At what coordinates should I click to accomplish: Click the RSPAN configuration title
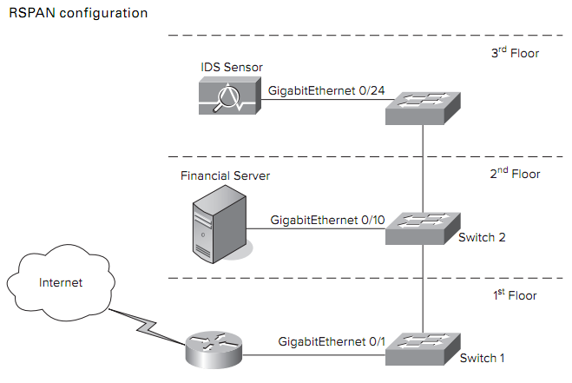pos(77,14)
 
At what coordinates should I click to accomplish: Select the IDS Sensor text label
pos(230,68)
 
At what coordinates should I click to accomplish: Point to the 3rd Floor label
pos(514,54)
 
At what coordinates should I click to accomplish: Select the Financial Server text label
pos(225,175)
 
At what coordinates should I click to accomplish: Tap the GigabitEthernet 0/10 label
pos(327,220)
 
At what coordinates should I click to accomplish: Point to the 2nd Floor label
pos(514,174)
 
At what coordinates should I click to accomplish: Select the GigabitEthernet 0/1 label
pos(332,342)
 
